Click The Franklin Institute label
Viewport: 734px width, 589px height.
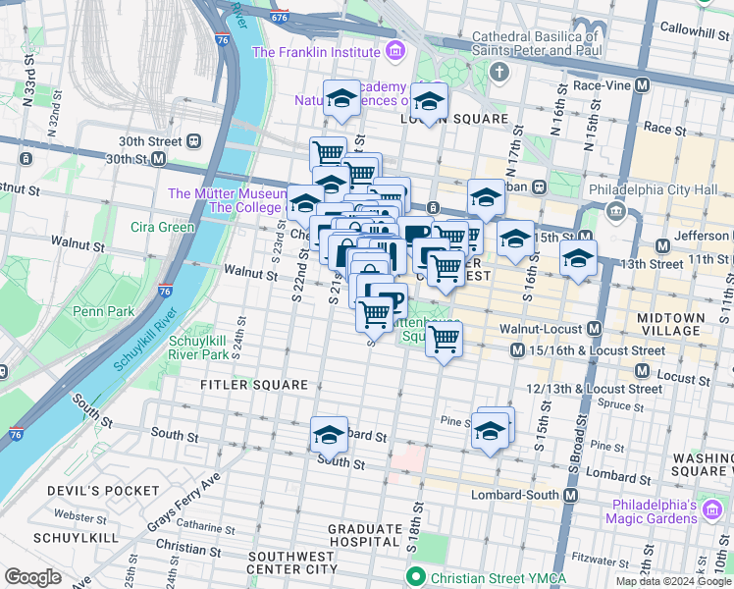(316, 52)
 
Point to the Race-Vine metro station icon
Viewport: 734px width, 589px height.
(642, 86)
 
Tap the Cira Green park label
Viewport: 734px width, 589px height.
(163, 227)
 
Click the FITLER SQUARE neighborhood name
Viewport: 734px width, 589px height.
(255, 385)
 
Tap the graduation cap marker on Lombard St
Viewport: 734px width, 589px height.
(329, 433)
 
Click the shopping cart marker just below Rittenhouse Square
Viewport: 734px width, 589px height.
(445, 339)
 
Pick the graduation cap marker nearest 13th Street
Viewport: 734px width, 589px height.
(579, 259)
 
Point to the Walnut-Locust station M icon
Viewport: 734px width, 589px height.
(594, 328)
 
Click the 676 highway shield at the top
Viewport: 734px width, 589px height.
(280, 17)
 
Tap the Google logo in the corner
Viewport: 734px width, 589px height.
(32, 576)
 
